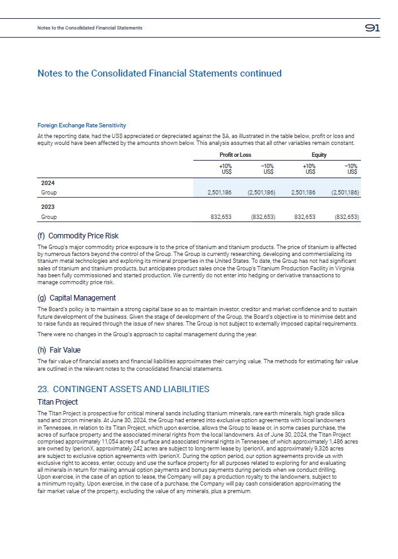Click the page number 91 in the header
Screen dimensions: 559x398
tap(372, 28)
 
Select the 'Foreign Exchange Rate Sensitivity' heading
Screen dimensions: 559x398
tap(82, 125)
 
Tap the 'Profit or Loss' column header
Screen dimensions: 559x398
tap(235, 154)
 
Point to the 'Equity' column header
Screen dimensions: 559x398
tap(319, 154)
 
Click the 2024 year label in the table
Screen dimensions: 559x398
tap(48, 183)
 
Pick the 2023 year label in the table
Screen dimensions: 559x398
tap(48, 206)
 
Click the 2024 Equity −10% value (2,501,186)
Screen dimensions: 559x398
tap(344, 193)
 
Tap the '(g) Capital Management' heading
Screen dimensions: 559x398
tap(77, 298)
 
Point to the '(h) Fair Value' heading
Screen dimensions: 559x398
tap(59, 350)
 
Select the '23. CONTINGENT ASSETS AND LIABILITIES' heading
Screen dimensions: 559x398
tap(123, 390)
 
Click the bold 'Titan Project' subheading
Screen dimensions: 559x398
tap(58, 402)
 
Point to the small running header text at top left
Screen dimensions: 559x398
tap(90, 28)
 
